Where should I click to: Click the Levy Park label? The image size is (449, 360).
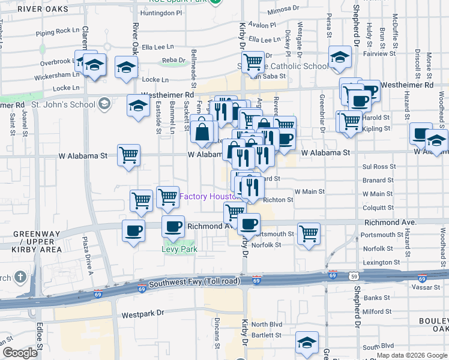(179, 250)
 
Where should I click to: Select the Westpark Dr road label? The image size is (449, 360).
(143, 313)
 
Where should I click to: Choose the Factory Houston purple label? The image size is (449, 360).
(210, 196)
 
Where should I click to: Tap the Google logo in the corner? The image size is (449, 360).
(20, 353)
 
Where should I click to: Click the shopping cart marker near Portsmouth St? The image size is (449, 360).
(309, 233)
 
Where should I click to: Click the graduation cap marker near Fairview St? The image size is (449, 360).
(340, 58)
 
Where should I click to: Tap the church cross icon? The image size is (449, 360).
(20, 277)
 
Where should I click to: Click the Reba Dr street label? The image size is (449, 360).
(173, 60)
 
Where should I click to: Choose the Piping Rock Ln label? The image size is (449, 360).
(58, 30)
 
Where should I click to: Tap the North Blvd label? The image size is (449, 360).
(267, 325)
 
